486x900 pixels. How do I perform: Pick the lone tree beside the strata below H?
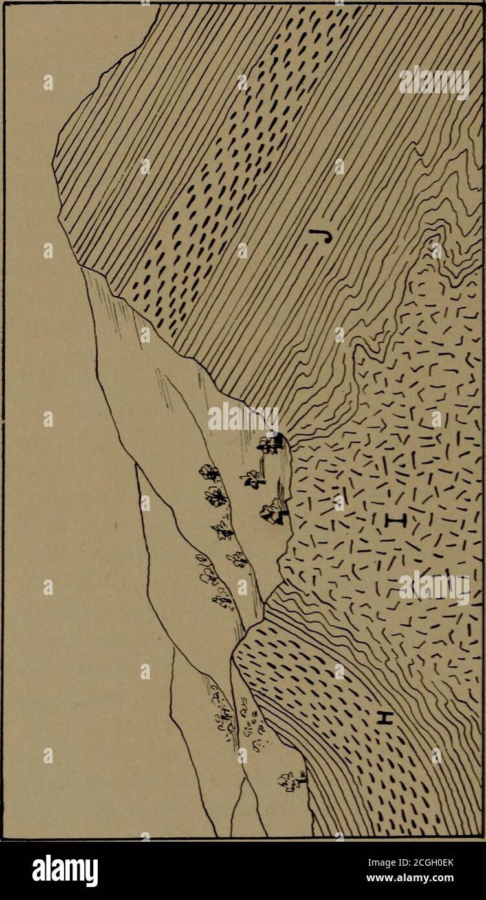point(292,782)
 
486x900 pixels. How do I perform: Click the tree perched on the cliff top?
point(271,444)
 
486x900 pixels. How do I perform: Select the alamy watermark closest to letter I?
point(434,587)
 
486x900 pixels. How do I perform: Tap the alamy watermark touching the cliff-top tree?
point(243,418)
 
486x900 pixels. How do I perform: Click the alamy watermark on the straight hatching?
point(434,82)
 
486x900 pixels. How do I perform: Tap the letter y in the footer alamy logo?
point(91,870)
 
